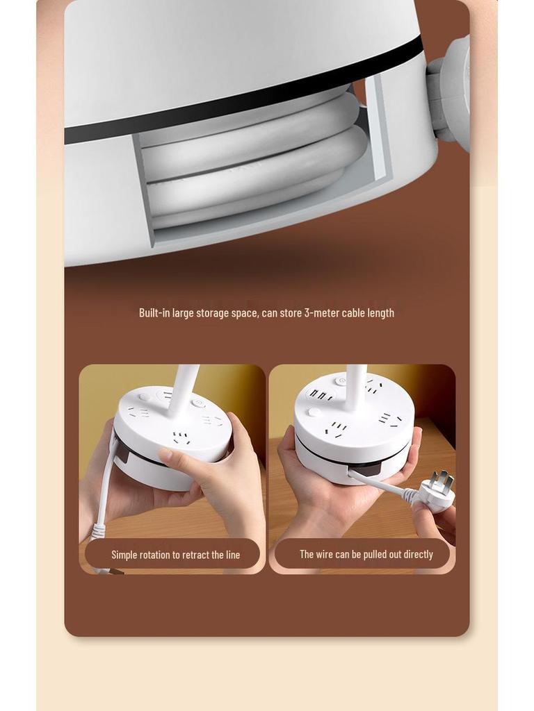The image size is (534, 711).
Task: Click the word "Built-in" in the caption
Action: coord(154,313)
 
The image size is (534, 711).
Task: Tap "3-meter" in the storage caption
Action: coord(322,313)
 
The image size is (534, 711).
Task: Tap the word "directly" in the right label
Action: coord(415,554)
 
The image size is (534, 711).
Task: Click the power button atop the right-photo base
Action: coord(341,380)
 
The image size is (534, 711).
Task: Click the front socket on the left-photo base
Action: coord(181,438)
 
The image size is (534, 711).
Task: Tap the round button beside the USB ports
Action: coord(315,412)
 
